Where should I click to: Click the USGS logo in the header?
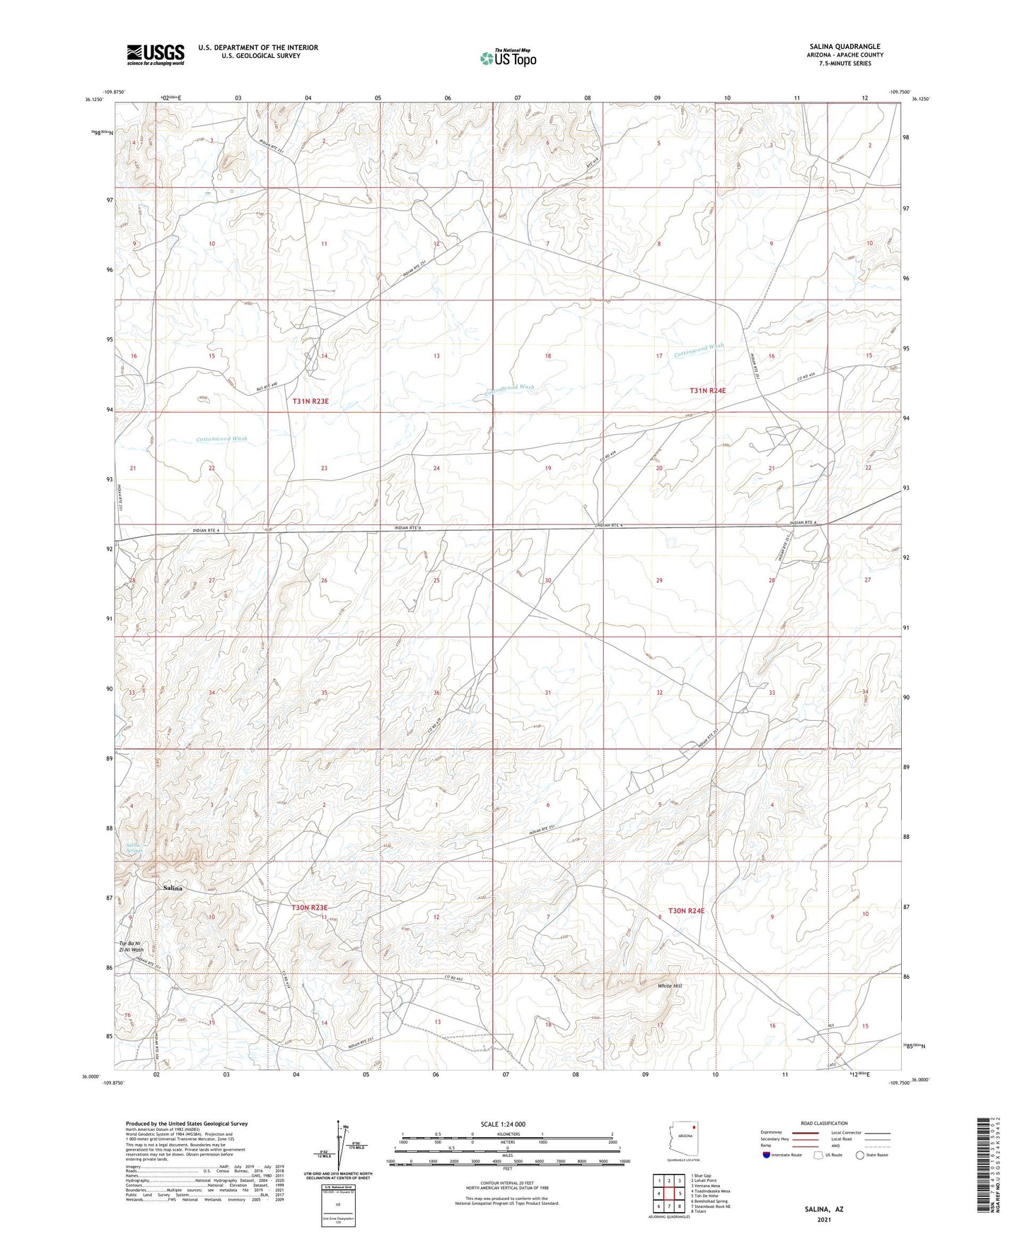pos(156,54)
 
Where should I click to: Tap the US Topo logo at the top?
pos(507,58)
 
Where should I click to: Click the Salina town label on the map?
pos(173,888)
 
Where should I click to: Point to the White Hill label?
pos(670,986)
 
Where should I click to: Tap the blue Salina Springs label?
pos(134,847)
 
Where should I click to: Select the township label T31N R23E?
pos(310,401)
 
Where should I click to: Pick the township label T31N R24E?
pos(708,390)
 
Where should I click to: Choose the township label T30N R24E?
pos(687,911)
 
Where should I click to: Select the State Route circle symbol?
pos(859,1155)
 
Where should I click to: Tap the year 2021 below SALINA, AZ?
pos(823,1219)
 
